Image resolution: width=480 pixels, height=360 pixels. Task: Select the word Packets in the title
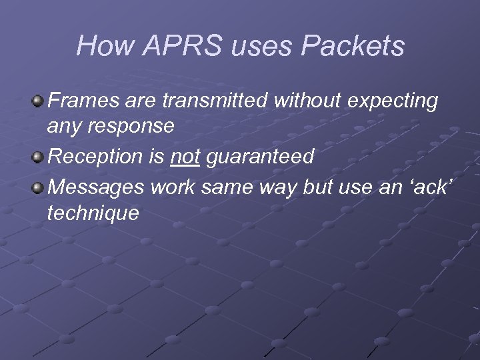click(353, 46)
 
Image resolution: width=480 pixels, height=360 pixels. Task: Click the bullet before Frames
click(39, 101)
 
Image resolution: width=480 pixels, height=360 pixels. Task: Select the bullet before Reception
click(39, 157)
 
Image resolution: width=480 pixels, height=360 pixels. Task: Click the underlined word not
click(185, 157)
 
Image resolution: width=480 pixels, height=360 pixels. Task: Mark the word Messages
click(96, 187)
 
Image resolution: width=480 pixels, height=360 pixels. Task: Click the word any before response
click(63, 126)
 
